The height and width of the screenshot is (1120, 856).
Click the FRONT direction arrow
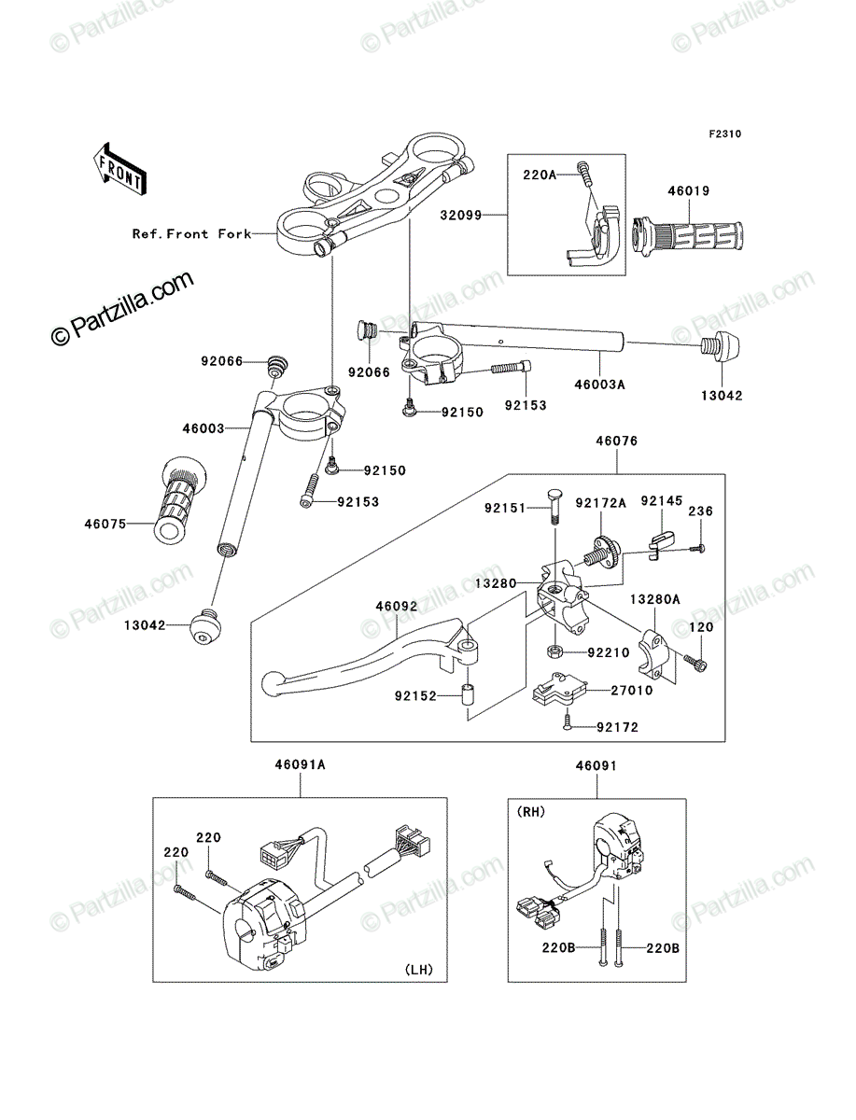pyautogui.click(x=119, y=168)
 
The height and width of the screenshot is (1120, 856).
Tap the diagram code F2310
pyautogui.click(x=725, y=134)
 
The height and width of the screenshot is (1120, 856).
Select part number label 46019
pyautogui.click(x=689, y=190)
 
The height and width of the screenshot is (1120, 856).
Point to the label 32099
pyautogui.click(x=461, y=216)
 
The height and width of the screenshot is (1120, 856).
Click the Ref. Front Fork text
pyautogui.click(x=191, y=233)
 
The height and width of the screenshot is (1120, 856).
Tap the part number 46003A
pyautogui.click(x=599, y=385)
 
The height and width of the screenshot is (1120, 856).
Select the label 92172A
pyautogui.click(x=600, y=503)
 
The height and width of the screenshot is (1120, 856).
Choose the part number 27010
pyautogui.click(x=632, y=691)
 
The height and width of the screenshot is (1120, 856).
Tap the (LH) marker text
pyautogui.click(x=419, y=970)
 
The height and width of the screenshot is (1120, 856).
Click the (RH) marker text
pyautogui.click(x=531, y=812)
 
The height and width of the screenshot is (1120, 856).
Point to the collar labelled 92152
pyautogui.click(x=469, y=695)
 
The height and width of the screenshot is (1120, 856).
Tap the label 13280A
pyautogui.click(x=655, y=599)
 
